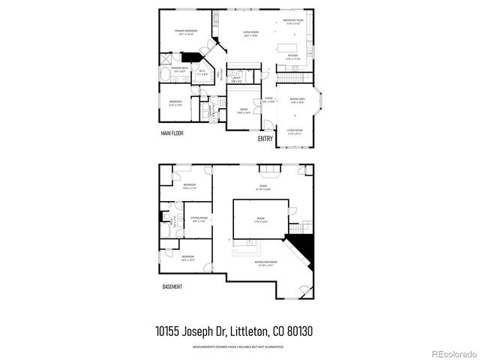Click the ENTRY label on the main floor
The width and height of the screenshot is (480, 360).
pos(265,139)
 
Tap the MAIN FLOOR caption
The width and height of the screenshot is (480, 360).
pos(172,133)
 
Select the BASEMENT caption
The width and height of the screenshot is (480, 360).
pos(172,286)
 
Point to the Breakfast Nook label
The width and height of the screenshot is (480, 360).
pos(294,22)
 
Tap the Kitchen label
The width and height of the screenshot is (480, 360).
pos(292,57)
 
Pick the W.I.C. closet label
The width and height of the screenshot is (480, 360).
pos(202,72)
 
